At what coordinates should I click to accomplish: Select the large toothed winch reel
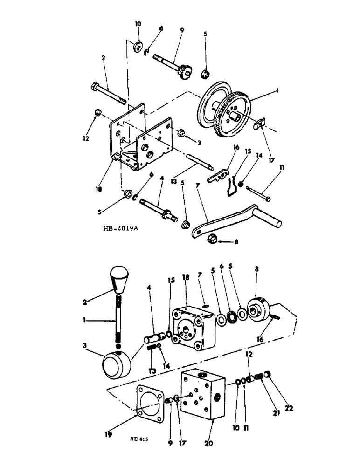coord(225,110)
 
